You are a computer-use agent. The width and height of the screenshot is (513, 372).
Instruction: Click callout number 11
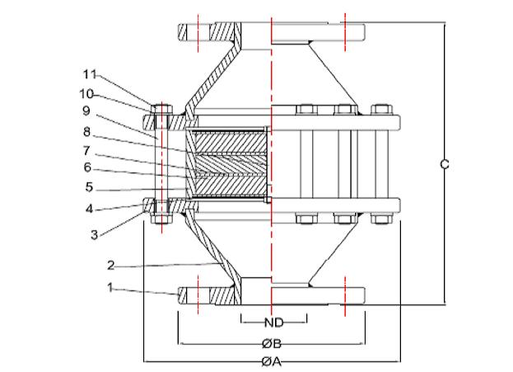pyautogui.click(x=90, y=74)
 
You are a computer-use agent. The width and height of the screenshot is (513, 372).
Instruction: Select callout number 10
pyautogui.click(x=86, y=94)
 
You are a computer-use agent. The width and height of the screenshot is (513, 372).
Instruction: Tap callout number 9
pyautogui.click(x=86, y=111)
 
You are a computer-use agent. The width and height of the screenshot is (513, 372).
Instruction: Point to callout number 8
pyautogui.click(x=86, y=132)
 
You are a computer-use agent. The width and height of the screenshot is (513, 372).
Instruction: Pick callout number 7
pyautogui.click(x=86, y=150)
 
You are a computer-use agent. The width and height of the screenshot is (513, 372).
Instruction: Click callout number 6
pyautogui.click(x=87, y=167)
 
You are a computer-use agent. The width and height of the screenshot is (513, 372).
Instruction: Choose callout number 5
pyautogui.click(x=89, y=187)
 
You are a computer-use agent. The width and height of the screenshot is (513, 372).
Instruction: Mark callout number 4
pyautogui.click(x=89, y=209)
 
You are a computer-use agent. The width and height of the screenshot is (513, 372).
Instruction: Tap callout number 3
pyautogui.click(x=94, y=234)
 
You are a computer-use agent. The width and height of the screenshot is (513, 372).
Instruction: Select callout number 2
pyautogui.click(x=111, y=265)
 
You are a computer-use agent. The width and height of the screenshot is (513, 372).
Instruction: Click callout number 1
pyautogui.click(x=110, y=288)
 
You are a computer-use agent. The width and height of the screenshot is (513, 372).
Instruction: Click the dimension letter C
pyautogui.click(x=445, y=163)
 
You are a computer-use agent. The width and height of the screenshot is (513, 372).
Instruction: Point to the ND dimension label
pyautogui.click(x=274, y=323)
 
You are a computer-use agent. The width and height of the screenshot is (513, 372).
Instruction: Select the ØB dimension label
pyautogui.click(x=272, y=343)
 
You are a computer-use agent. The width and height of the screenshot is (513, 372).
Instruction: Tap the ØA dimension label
pyautogui.click(x=272, y=361)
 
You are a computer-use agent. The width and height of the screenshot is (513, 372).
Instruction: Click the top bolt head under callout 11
pyautogui.click(x=161, y=109)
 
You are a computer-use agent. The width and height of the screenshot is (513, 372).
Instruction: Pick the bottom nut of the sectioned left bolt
pyautogui.click(x=161, y=219)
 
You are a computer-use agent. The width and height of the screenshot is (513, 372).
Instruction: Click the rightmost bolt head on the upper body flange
pyautogui.click(x=382, y=110)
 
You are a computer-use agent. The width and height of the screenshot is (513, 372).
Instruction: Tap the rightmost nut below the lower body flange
pyautogui.click(x=382, y=219)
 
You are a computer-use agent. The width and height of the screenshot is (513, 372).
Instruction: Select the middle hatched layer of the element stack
pyautogui.click(x=231, y=164)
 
